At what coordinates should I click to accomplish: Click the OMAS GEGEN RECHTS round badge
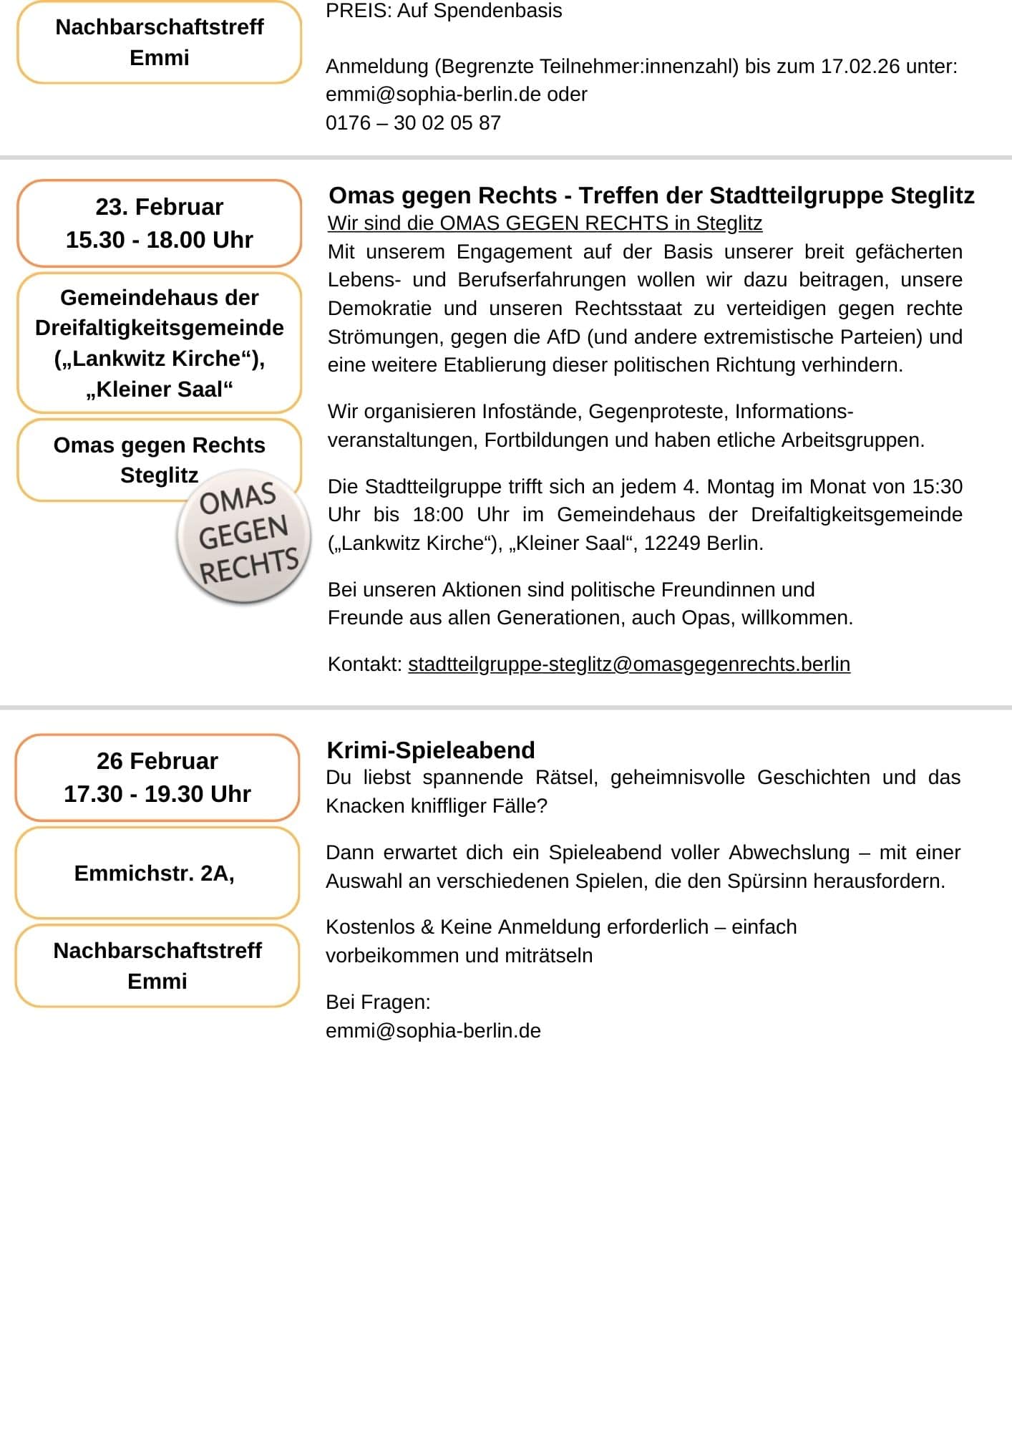(244, 536)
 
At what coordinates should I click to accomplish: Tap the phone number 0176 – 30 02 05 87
(413, 123)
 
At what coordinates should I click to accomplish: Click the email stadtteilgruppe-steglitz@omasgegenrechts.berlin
(628, 664)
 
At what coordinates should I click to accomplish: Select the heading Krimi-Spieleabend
(430, 750)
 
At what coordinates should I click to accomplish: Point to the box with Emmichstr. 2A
(157, 873)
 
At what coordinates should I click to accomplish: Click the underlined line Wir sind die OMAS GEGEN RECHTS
(545, 223)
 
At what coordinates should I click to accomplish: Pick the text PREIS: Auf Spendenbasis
(444, 11)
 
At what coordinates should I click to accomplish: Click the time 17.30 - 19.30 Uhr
(157, 794)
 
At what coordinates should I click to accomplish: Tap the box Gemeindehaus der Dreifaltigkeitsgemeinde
(159, 343)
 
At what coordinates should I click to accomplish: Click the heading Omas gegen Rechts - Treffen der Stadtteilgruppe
(651, 195)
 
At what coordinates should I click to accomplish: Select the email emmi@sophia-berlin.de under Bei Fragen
(433, 1031)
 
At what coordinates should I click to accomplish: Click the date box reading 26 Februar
(157, 761)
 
